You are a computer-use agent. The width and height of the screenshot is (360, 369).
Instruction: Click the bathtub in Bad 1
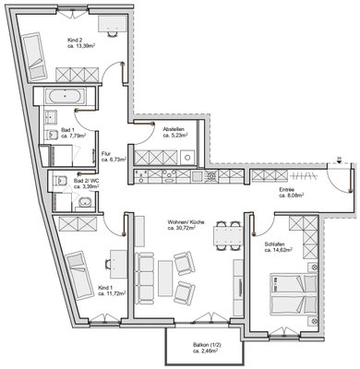tap(65, 96)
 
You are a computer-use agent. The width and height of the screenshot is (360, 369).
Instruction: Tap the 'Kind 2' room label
tap(74, 41)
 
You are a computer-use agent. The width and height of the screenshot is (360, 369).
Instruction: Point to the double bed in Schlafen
tap(294, 294)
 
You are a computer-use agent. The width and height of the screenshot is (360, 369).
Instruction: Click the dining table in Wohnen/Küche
tap(228, 236)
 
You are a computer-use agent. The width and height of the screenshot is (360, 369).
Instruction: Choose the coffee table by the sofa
tap(165, 277)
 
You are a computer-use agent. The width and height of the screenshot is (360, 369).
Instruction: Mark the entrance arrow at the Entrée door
tap(339, 161)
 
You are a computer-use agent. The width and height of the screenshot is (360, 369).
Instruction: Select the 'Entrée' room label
tap(287, 190)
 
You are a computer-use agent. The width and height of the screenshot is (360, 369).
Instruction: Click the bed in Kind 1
tap(79, 276)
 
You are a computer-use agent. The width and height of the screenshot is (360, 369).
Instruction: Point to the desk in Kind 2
tap(113, 23)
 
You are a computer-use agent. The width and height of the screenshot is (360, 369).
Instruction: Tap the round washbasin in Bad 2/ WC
tap(85, 202)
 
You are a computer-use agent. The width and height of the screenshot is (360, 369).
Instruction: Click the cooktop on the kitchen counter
tap(210, 176)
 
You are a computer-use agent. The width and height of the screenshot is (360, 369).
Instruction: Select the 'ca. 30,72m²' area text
tap(182, 228)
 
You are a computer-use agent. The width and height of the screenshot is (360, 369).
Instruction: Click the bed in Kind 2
tap(34, 56)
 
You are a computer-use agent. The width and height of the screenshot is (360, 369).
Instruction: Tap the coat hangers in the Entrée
tap(304, 176)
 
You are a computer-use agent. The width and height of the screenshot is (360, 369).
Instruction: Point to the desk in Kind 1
tap(118, 265)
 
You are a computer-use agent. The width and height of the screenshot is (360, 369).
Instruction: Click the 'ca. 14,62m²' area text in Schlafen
tap(278, 250)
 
